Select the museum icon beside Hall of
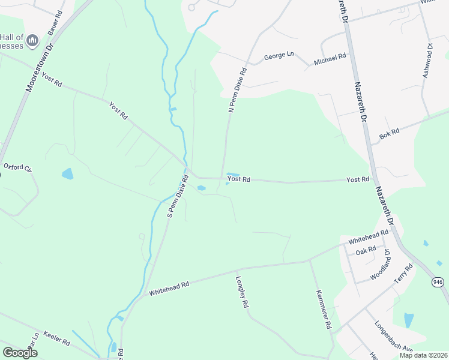click(x=32, y=40)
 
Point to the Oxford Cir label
click(x=17, y=167)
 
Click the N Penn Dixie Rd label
click(x=237, y=89)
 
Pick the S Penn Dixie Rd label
click(x=178, y=196)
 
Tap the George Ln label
click(x=279, y=56)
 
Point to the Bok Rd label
click(x=389, y=135)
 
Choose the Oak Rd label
click(x=366, y=250)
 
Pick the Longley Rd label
click(x=242, y=292)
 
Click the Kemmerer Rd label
click(x=324, y=309)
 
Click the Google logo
click(x=20, y=353)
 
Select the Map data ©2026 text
click(x=423, y=355)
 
